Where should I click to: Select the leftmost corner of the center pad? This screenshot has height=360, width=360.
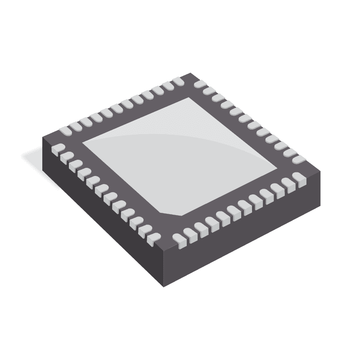coord(83,144)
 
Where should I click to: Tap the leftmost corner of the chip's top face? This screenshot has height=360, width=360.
coord(43,137)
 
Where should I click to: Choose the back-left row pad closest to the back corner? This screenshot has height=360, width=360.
coord(178,81)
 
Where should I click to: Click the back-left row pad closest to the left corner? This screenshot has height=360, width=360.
coord(66,130)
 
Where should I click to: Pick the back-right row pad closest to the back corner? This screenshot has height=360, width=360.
coord(200,84)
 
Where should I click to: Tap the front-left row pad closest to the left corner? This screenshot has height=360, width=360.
coord(58,149)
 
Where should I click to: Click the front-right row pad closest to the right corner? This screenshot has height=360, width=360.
coord(299,179)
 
